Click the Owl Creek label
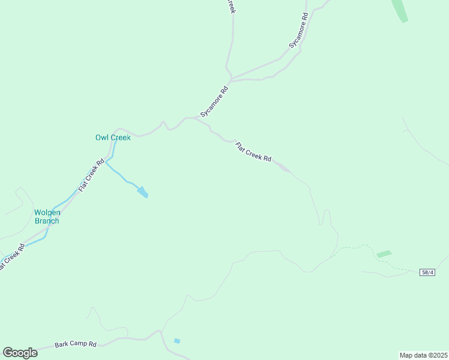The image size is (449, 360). pos(113,137)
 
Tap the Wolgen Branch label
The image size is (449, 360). pos(47,217)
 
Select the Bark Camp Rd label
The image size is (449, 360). pos(76,344)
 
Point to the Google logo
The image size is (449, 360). pos(20,353)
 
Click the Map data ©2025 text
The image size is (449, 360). pos(423,355)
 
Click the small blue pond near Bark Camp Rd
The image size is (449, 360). pos(176,341)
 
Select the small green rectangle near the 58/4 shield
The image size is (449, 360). pos(384,254)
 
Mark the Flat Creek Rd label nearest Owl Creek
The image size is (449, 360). pos(91,175)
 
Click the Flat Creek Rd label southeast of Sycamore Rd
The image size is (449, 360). pos(253,152)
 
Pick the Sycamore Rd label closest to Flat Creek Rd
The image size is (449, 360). pos(214,101)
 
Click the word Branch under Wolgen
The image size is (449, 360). pos(47,221)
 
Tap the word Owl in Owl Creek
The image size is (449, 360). pos(101,137)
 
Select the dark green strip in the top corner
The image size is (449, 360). pos(399,10)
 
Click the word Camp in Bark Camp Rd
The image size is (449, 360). pos(77,344)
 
